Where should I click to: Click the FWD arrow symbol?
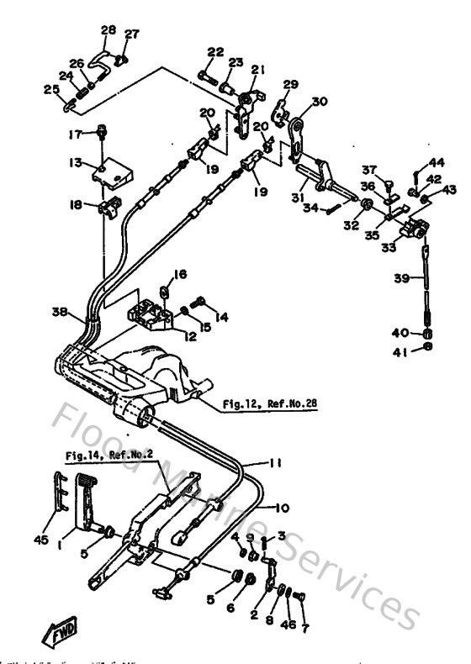point(56,630)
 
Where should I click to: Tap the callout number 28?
point(108,30)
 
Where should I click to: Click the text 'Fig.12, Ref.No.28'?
point(271,404)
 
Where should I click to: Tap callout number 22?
point(215,51)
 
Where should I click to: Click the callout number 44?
point(437,161)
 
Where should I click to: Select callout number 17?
point(76,133)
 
